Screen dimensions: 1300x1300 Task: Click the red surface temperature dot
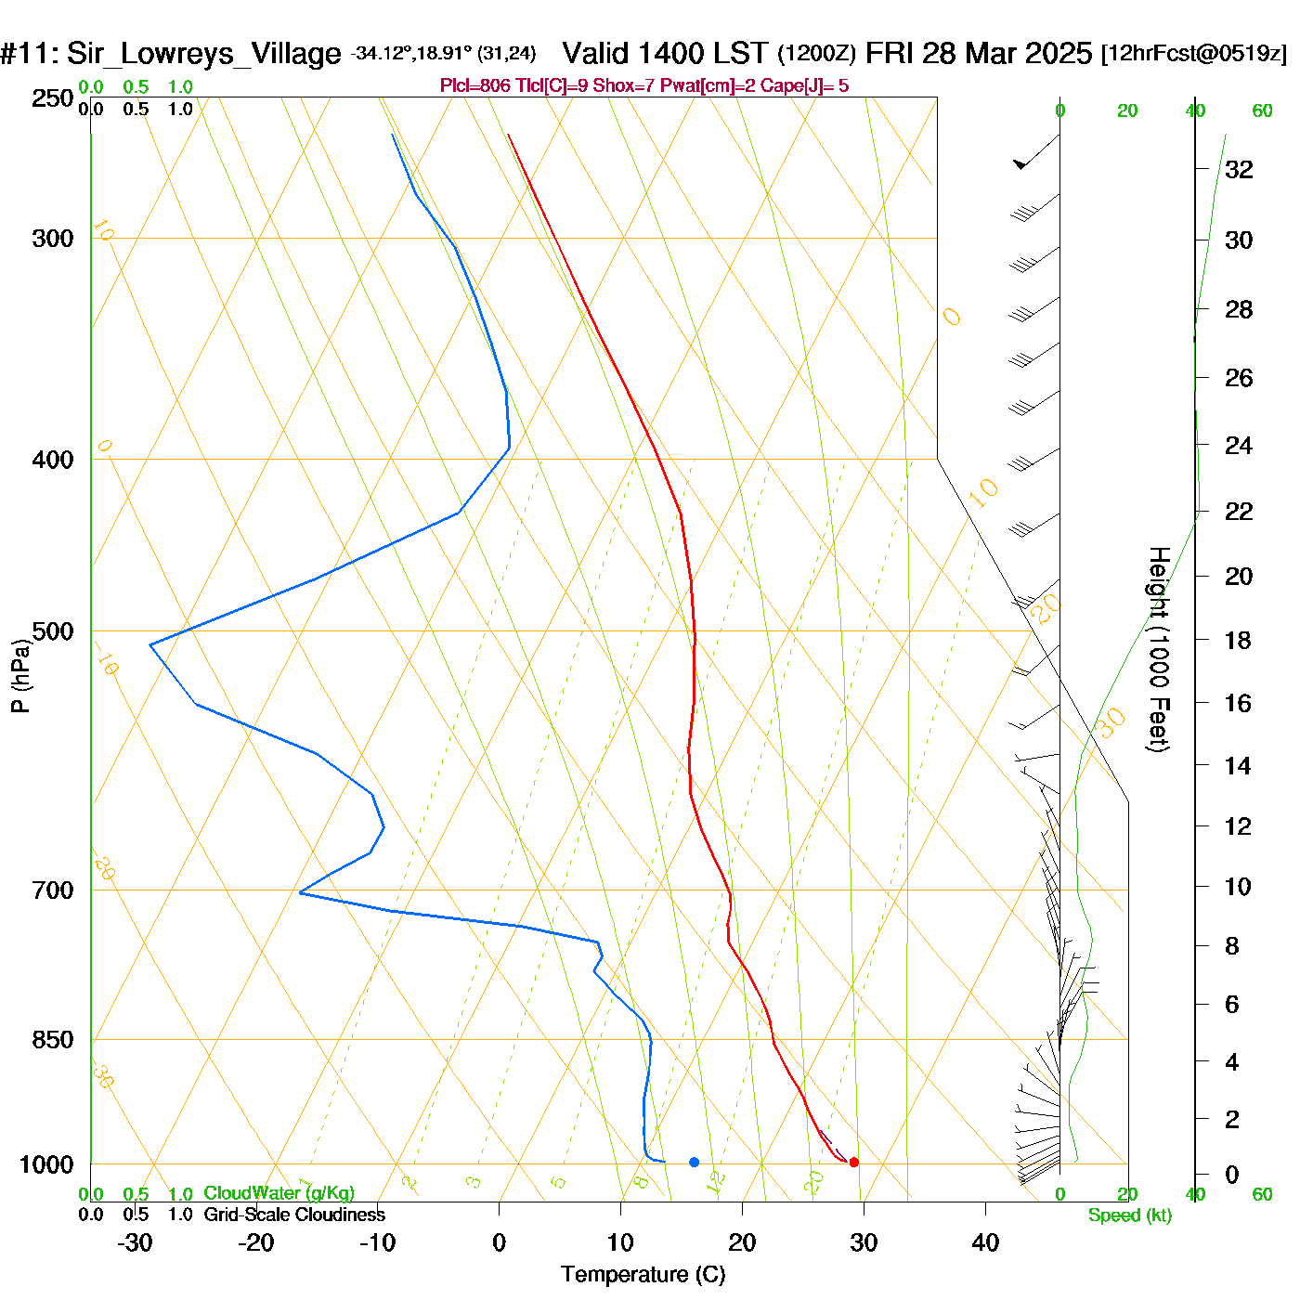tap(854, 1162)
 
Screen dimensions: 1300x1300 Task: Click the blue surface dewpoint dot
tap(694, 1162)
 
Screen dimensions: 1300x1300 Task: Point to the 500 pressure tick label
tap(53, 631)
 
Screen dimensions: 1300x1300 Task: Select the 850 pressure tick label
tap(53, 1040)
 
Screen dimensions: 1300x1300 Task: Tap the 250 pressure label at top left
tap(53, 98)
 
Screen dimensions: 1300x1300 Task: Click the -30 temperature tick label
tap(135, 1242)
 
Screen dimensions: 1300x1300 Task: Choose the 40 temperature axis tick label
tap(985, 1242)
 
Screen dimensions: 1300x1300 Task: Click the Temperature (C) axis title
tap(643, 1274)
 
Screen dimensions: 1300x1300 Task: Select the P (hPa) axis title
tap(20, 676)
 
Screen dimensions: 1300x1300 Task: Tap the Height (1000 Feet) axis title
tap(1158, 649)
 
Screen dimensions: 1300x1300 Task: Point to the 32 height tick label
tap(1239, 169)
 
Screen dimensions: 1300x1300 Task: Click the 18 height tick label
tap(1238, 640)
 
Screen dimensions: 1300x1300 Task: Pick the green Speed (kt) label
tap(1130, 1215)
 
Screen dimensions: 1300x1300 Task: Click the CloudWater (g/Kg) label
tap(279, 1193)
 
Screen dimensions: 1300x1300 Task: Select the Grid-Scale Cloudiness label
tap(294, 1215)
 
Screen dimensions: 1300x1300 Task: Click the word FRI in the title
tap(890, 53)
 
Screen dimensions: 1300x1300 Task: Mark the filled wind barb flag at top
tap(1020, 164)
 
